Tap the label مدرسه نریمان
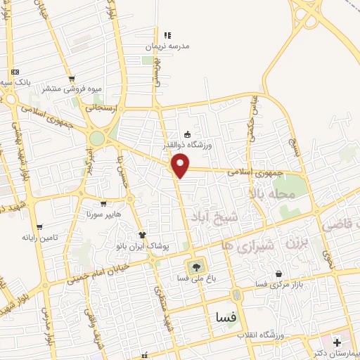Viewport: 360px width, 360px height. point(167,46)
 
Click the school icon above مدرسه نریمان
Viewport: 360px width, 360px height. point(167,34)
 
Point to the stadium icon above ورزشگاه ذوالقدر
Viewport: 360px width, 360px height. point(187,134)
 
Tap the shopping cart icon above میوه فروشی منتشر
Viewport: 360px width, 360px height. point(71,79)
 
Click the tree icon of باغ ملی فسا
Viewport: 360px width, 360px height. point(195,266)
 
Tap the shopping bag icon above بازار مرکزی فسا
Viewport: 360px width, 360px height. point(279,273)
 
